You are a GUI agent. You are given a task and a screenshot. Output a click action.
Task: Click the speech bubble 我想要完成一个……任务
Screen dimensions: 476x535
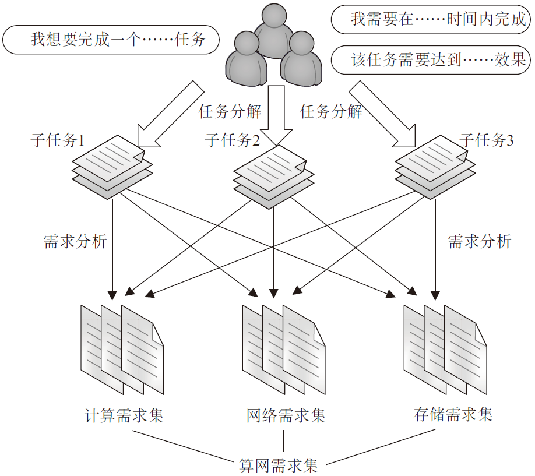coord(111,40)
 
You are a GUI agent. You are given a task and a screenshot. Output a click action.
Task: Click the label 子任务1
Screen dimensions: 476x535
coord(58,140)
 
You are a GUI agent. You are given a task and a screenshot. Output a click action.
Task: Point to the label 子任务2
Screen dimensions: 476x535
coord(232,140)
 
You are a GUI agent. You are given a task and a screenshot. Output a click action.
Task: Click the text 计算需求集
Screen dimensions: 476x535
coord(124,415)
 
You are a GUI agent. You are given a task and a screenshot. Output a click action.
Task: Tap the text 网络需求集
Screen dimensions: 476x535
coord(286,415)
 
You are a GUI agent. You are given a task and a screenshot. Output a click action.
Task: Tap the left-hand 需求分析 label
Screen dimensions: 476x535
coord(76,241)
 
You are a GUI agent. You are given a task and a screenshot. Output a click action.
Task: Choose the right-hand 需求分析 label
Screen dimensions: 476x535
coord(479,241)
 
